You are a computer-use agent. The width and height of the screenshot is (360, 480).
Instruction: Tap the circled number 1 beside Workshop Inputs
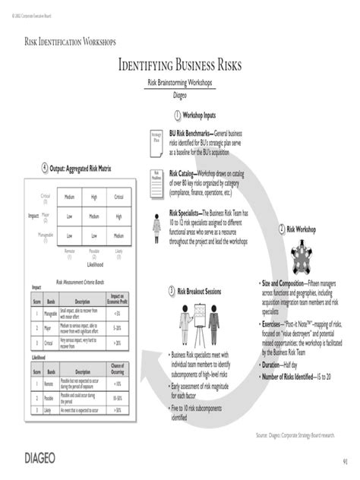point(176,115)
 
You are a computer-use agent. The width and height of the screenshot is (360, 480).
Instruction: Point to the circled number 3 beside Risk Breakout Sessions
point(172,292)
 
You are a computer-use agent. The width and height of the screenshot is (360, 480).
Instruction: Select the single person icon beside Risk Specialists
point(156,226)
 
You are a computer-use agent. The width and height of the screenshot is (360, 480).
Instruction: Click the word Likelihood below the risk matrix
point(94,265)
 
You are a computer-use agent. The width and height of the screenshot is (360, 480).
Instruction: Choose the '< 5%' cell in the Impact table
point(117,311)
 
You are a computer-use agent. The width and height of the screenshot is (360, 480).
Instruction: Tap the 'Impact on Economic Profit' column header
point(117,298)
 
